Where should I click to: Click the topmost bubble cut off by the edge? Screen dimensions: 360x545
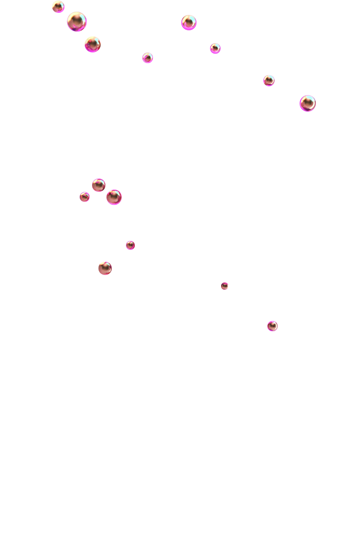(x=58, y=7)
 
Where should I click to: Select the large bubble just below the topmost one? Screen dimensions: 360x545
(x=77, y=22)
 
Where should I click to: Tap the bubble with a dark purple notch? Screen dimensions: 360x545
(x=93, y=45)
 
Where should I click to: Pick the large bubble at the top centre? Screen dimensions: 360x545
(x=189, y=23)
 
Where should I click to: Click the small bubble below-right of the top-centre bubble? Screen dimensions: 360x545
(x=215, y=48)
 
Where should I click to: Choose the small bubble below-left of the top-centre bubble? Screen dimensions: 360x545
(x=148, y=58)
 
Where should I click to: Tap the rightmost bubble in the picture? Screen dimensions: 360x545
(x=308, y=103)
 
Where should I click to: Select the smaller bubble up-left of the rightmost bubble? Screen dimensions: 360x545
(x=269, y=80)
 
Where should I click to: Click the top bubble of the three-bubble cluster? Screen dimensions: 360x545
(x=99, y=185)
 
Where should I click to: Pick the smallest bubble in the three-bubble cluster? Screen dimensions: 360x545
(x=85, y=197)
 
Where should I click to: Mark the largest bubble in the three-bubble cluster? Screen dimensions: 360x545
(x=114, y=197)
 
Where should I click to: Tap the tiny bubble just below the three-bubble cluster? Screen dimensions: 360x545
(x=131, y=245)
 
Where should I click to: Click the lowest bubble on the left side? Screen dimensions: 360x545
(x=105, y=268)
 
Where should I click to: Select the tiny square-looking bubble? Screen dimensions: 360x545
(x=225, y=286)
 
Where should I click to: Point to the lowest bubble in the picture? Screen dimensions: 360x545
(x=273, y=326)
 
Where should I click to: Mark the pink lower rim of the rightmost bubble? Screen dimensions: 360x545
(x=308, y=110)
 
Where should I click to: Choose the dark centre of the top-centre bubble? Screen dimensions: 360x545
(x=188, y=23)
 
